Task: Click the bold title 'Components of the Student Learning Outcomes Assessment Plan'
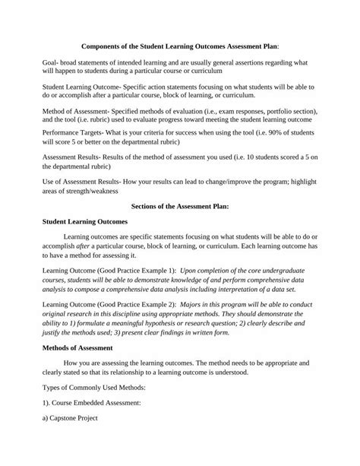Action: tap(179, 44)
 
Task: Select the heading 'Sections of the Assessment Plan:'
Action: tap(179, 205)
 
